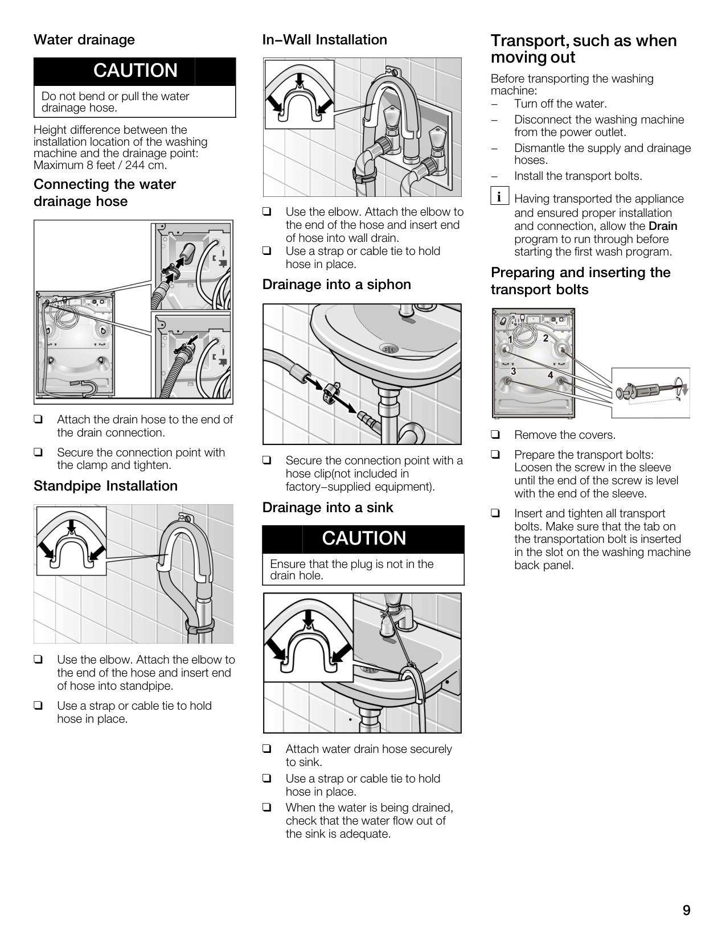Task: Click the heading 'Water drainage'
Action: pos(84,40)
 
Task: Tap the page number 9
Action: pos(686,910)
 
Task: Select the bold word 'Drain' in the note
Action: pos(663,226)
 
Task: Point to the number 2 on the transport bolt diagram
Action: pos(545,338)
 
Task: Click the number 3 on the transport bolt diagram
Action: pos(513,370)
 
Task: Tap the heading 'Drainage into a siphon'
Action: pos(337,285)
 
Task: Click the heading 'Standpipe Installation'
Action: pos(105,485)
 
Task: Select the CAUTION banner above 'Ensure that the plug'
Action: pos(363,539)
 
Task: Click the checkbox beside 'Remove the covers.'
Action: pos(495,435)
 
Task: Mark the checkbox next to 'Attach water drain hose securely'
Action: pos(267,749)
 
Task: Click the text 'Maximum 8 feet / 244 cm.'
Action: pos(100,165)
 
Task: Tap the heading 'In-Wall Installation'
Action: pos(325,40)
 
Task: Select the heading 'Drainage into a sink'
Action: pos(328,507)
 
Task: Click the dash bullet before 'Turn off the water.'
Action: pos(494,104)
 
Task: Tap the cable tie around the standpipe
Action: pos(200,625)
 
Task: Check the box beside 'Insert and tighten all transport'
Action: pos(495,513)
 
